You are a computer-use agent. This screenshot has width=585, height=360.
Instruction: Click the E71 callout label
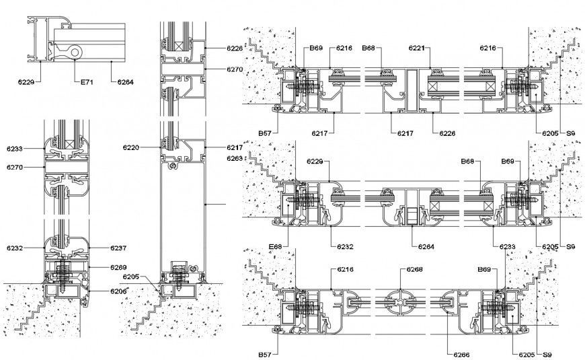coord(86,82)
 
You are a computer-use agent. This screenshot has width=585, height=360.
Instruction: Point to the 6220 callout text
coord(131,146)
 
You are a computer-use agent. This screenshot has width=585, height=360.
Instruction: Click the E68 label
coord(274,247)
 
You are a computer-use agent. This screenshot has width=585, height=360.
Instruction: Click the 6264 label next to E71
coord(125,82)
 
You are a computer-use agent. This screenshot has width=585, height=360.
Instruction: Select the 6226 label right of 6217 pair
coord(448,133)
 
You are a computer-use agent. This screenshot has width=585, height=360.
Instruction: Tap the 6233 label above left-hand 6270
coord(15,147)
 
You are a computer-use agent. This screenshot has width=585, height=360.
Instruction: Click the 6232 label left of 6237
coord(15,248)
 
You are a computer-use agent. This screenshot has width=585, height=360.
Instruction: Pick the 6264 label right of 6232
coord(426,247)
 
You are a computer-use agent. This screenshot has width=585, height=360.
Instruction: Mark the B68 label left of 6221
coord(368,48)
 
